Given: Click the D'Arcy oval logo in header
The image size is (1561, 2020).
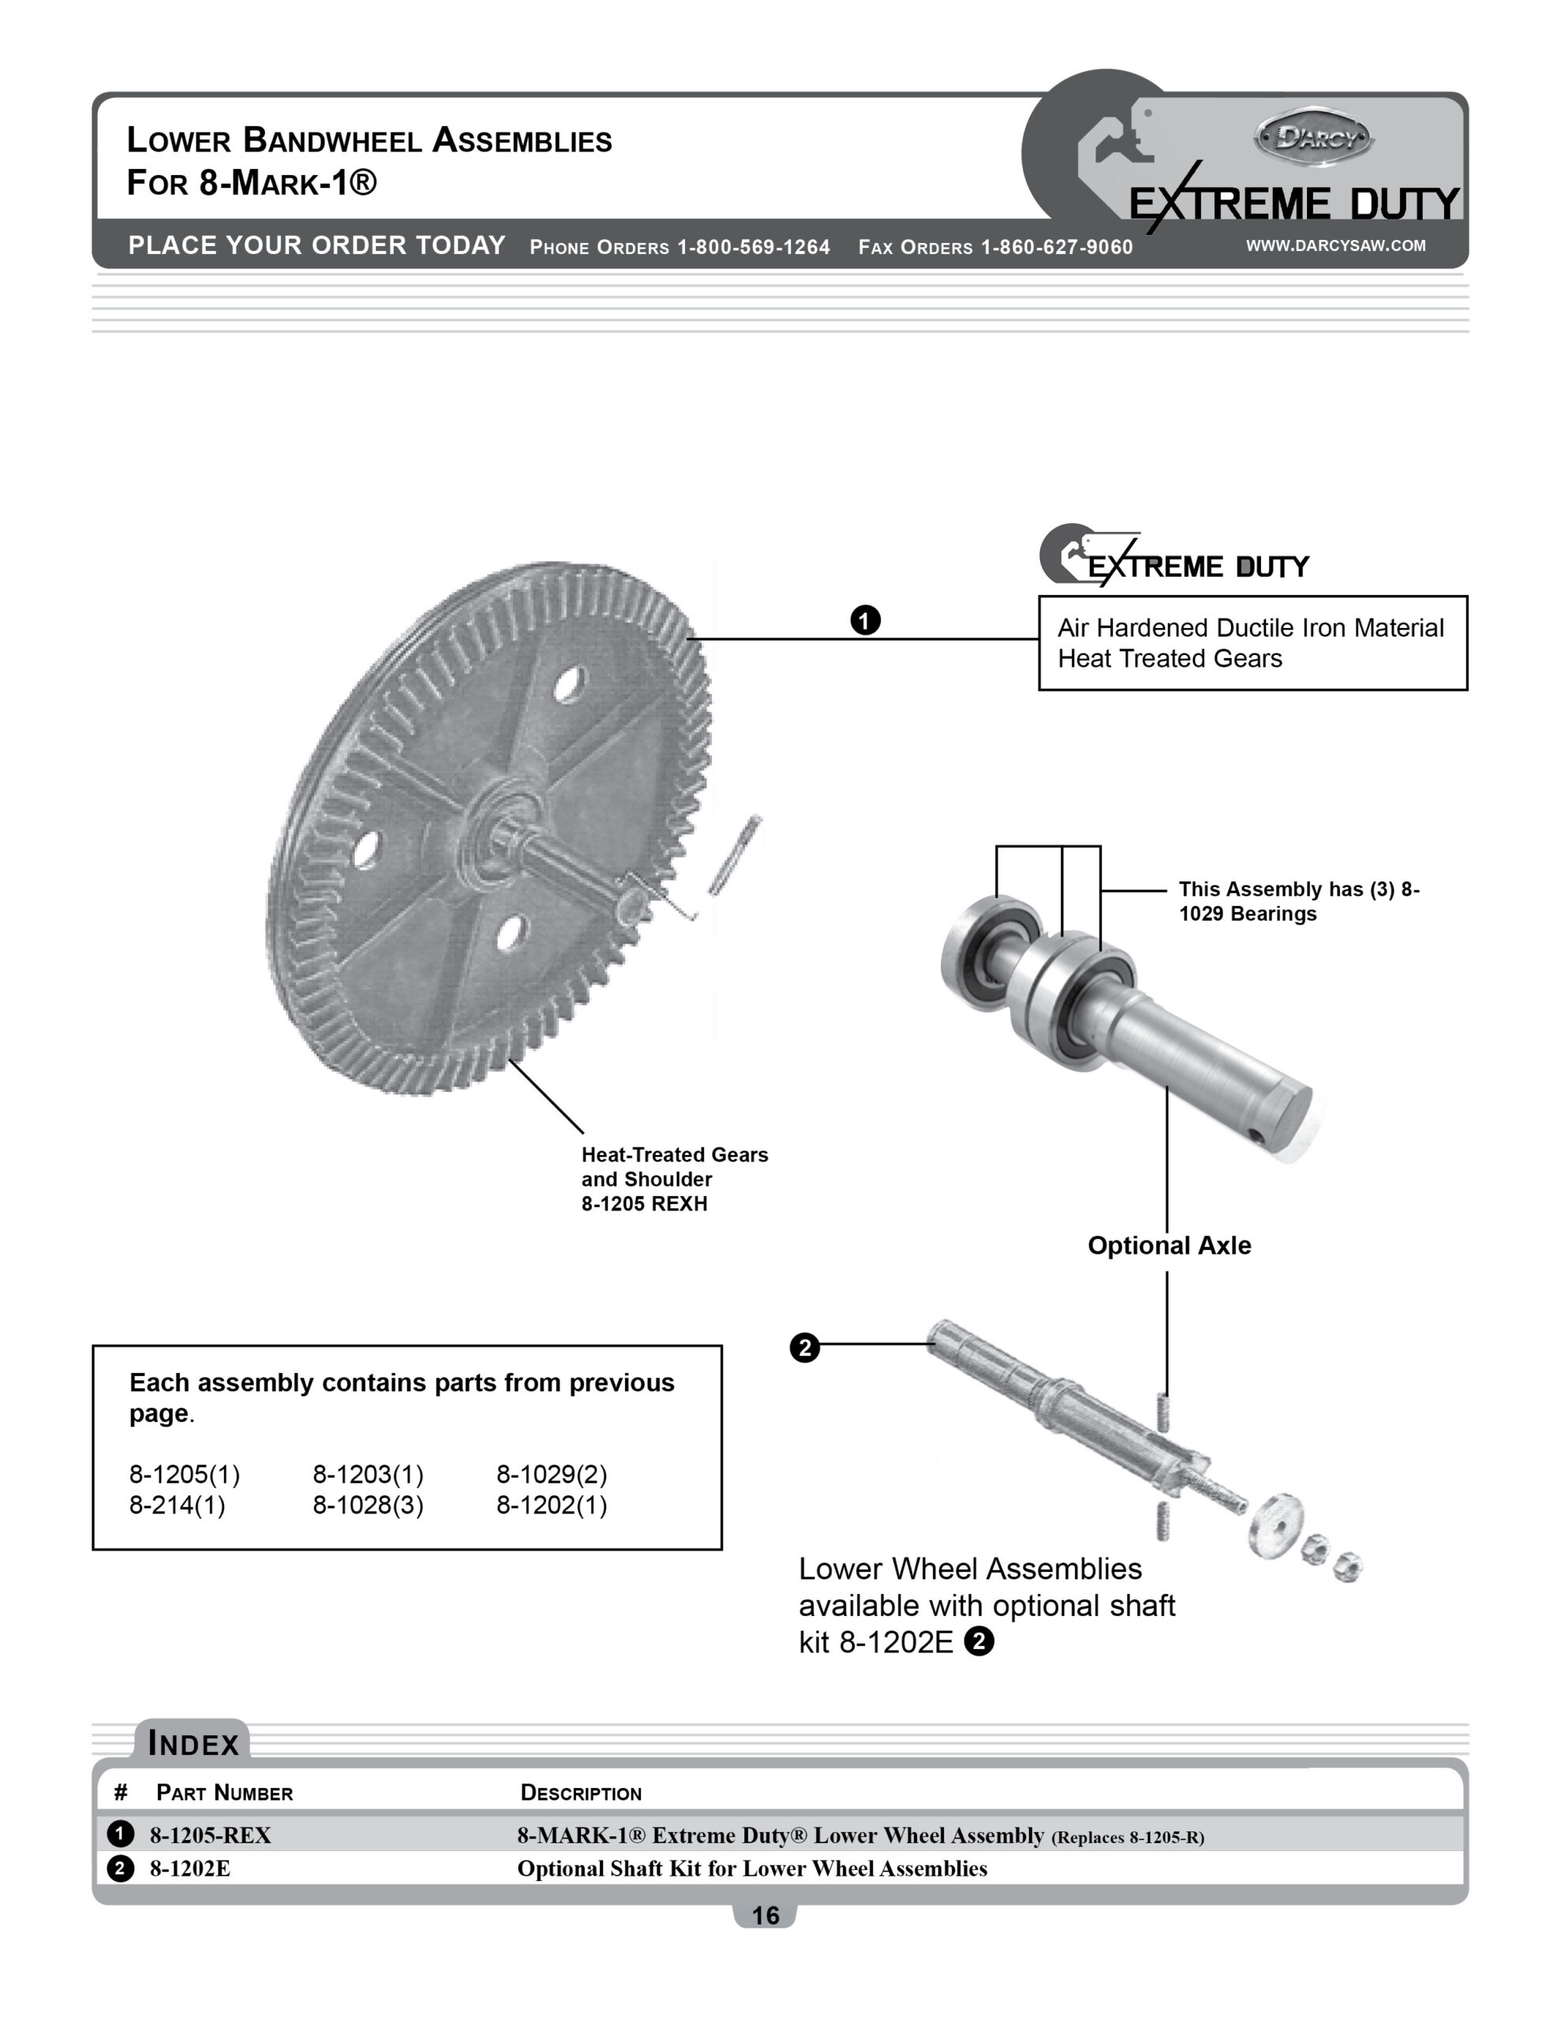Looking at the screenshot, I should [1313, 138].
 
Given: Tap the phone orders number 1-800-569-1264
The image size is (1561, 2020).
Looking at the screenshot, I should [753, 247].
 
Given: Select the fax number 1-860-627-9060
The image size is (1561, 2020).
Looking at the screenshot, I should [1056, 247].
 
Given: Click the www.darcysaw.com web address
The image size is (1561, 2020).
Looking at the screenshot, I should [1335, 245].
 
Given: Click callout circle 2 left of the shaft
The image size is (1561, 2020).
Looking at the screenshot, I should [804, 1348].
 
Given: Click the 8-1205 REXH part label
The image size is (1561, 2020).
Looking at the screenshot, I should [644, 1204].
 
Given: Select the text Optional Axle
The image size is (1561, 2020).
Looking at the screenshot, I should [1169, 1245].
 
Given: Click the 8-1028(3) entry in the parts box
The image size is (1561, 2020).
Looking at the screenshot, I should [367, 1505].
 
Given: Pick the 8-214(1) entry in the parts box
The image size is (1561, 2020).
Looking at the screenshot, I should [177, 1505].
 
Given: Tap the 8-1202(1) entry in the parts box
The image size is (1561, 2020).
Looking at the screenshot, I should [552, 1505].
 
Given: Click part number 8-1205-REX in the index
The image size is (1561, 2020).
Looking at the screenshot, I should [210, 1835].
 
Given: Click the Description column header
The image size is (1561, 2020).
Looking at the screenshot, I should [580, 1793].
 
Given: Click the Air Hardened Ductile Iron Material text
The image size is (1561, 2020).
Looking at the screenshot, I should [1250, 628].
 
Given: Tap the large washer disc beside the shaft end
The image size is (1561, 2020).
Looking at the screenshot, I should [1276, 1524].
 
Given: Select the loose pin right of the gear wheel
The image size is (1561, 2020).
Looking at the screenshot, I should [735, 854].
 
